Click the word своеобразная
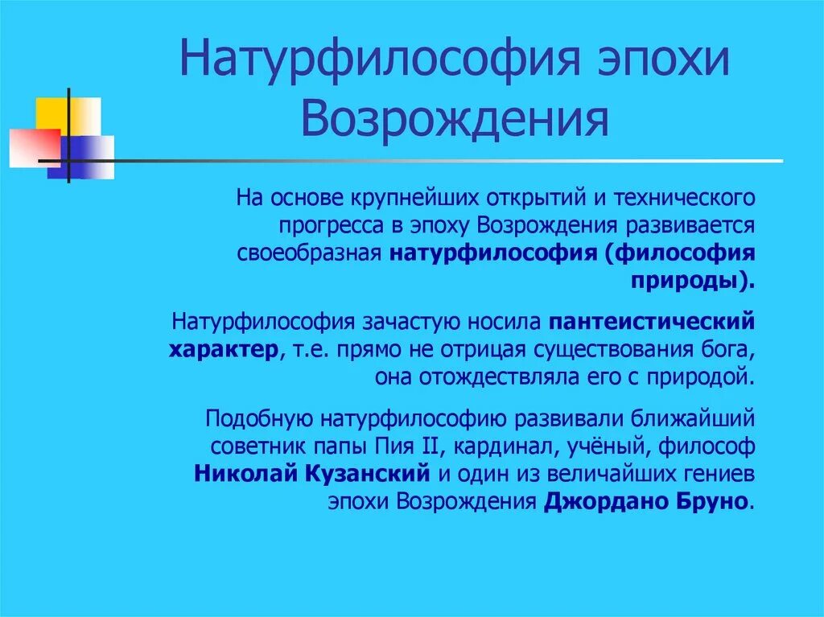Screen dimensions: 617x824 308,253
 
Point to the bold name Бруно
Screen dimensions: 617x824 712,502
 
